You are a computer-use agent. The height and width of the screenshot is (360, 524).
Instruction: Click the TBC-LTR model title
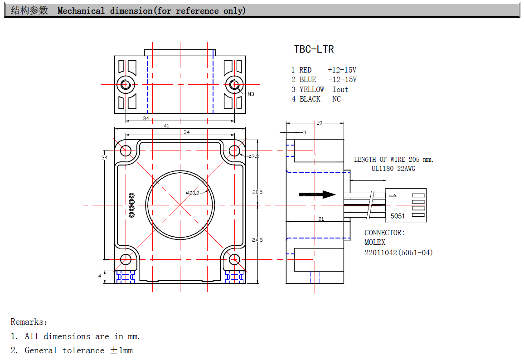314,49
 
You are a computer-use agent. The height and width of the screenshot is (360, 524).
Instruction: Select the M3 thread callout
251,94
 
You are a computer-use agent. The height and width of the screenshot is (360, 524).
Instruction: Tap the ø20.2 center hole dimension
193,193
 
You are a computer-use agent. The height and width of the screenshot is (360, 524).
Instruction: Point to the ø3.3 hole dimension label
253,156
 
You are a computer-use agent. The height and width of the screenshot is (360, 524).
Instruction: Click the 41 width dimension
166,126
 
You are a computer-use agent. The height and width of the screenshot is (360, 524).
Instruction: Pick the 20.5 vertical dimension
257,192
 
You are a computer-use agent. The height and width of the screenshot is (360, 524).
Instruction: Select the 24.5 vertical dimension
257,240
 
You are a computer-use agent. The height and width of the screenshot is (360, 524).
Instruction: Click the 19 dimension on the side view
319,123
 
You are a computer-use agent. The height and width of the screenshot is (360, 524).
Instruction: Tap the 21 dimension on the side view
321,219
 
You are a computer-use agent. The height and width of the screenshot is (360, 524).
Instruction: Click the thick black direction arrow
317,195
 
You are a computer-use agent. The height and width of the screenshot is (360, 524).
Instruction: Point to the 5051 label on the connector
398,216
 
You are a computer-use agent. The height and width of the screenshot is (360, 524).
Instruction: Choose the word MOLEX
375,243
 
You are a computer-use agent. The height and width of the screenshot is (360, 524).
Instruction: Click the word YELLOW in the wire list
312,89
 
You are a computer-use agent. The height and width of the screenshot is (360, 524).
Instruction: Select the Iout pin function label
340,89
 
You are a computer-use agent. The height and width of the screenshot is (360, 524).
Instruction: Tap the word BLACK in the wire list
310,99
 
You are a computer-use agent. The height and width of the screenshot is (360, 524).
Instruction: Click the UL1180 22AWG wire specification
393,169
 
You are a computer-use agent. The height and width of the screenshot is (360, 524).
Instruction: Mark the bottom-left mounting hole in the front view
125,259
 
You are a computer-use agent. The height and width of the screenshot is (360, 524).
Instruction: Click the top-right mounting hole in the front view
234,150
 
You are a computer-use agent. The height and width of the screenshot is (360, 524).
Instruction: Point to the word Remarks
29,322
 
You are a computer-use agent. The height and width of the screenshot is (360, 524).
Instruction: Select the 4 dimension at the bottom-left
100,275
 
